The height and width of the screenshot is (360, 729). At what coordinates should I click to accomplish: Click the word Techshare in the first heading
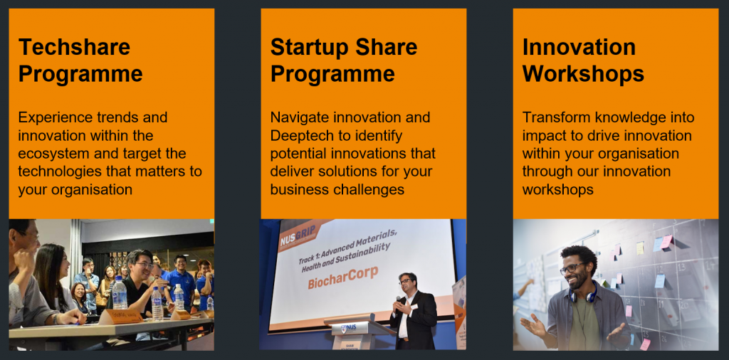[74, 47]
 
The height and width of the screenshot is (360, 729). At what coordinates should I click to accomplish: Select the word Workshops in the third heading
[583, 73]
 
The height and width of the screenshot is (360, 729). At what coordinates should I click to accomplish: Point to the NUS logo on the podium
[351, 328]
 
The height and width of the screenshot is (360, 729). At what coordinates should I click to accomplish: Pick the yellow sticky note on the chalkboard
[640, 248]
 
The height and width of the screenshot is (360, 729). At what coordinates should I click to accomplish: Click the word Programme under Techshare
[80, 73]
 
